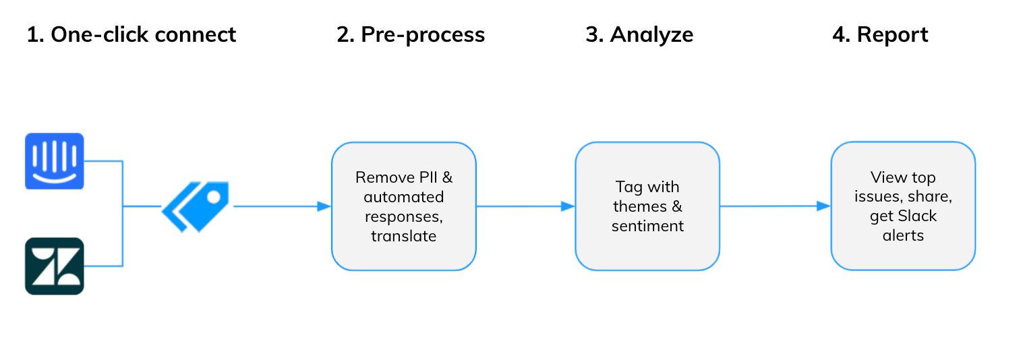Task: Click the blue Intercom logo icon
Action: click(55, 160)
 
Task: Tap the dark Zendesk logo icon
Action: click(55, 266)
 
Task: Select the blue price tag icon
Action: click(196, 206)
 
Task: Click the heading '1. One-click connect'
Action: click(131, 34)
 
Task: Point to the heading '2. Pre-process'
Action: click(410, 34)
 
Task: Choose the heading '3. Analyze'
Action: click(639, 34)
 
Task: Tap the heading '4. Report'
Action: click(880, 34)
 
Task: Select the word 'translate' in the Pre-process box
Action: click(404, 236)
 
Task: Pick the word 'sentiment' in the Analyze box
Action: click(647, 226)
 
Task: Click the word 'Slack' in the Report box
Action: click(918, 216)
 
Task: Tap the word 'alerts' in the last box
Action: click(903, 235)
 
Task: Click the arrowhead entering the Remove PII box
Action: click(324, 206)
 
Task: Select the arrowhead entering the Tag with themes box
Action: click(568, 206)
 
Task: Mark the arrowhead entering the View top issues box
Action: click(823, 206)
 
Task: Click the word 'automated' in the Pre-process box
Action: click(404, 197)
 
